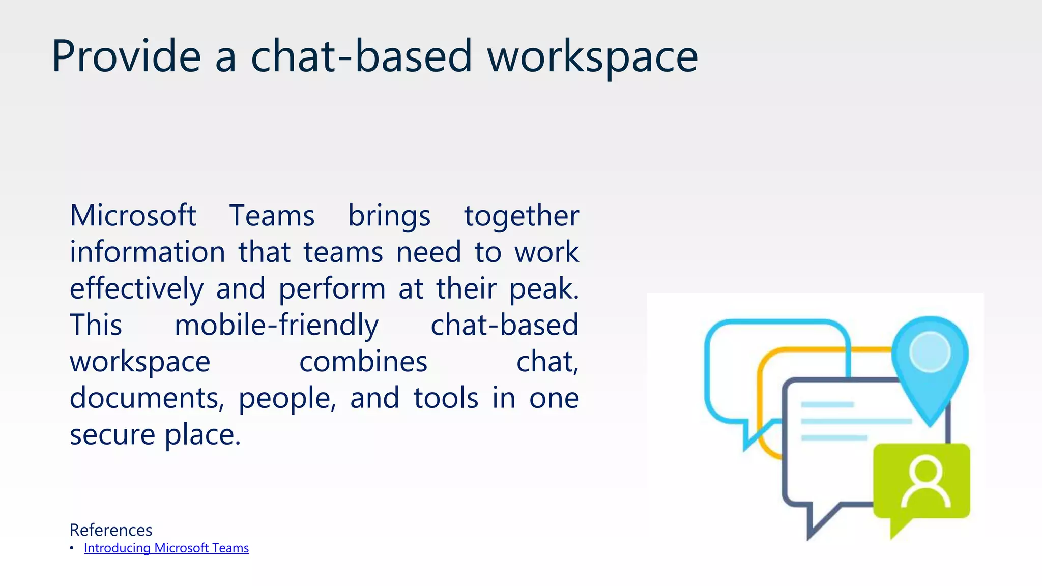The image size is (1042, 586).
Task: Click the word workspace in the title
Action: point(592,57)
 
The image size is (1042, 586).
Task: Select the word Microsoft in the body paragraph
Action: point(133,215)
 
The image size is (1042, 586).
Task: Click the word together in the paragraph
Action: point(521,216)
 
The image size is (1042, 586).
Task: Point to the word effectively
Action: point(136,288)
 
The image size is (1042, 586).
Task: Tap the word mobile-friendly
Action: point(276,326)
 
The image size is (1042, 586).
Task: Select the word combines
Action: point(363,362)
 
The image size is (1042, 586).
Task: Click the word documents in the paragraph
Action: point(146,398)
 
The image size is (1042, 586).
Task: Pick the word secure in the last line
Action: point(112,435)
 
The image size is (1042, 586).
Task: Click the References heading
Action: point(111,530)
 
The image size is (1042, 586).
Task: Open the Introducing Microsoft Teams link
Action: point(166,548)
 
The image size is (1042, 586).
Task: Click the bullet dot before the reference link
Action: point(72,548)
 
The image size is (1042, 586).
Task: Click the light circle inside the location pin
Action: point(930,351)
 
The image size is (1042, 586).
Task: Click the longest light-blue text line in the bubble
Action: point(856,421)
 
